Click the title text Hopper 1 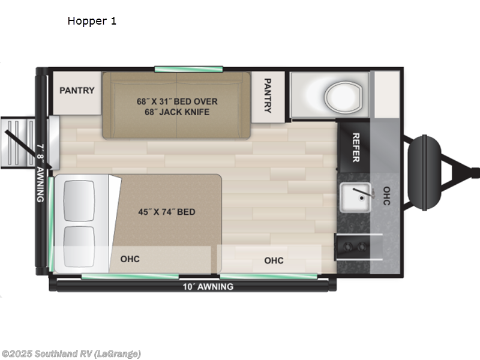coord(92,21)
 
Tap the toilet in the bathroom coord(343,94)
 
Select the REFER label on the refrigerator coord(355,147)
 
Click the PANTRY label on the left coord(77,91)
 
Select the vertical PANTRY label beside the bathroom coord(268,95)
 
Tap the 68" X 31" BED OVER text coord(177,101)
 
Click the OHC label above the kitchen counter coord(386,196)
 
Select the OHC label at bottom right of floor coord(274,260)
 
